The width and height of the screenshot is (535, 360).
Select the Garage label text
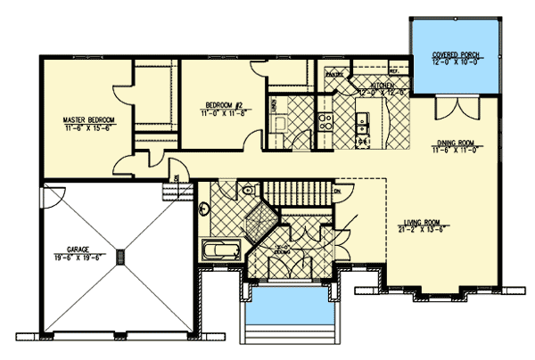pyautogui.click(x=74, y=250)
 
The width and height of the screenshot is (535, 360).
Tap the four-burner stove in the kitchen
pyautogui.click(x=327, y=120)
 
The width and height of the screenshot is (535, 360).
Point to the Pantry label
pyautogui.click(x=333, y=74)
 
